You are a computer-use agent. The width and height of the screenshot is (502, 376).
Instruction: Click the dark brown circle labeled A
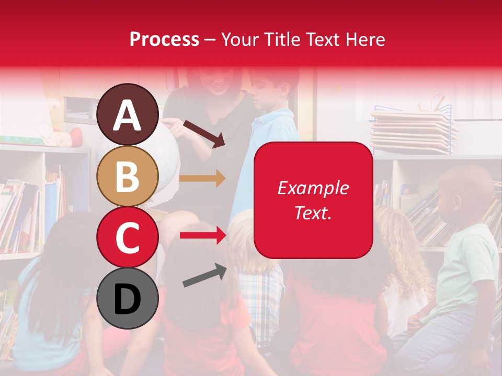point(127,114)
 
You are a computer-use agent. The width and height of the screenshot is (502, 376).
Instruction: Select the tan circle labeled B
point(127,176)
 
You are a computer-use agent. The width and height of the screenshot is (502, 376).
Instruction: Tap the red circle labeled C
point(127,237)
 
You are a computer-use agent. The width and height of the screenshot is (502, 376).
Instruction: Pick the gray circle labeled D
point(127,299)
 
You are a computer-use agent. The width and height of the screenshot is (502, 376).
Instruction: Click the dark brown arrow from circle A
point(204,133)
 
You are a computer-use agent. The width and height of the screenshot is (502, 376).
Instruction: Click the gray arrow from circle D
point(204,275)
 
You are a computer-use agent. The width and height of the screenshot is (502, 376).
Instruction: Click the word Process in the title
point(164,39)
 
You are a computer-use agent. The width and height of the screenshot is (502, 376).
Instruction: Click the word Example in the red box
point(313,188)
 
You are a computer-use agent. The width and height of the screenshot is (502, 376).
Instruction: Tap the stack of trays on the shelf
point(413,131)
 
